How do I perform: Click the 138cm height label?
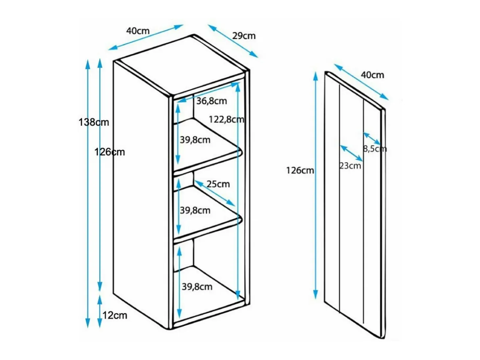(x=94, y=122)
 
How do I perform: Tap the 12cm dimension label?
(x=115, y=315)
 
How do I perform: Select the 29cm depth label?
(x=244, y=36)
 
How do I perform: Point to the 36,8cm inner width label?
(x=211, y=101)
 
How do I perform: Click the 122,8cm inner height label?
(x=226, y=119)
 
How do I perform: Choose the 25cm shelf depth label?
(x=218, y=184)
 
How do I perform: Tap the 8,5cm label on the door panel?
(x=375, y=149)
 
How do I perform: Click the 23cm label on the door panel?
(x=350, y=166)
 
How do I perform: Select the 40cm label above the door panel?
(x=372, y=75)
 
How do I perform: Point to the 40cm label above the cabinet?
(x=138, y=31)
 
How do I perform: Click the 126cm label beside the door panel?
(x=300, y=170)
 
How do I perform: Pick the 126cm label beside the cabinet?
(x=109, y=152)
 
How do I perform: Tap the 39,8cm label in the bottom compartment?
(x=197, y=287)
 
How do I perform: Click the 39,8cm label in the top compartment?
(x=195, y=140)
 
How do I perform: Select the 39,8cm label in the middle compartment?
(x=195, y=210)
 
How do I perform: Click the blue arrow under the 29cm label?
(x=233, y=41)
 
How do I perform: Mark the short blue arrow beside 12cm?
(x=100, y=311)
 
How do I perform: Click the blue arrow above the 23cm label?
(x=351, y=153)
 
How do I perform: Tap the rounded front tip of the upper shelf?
(x=241, y=152)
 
